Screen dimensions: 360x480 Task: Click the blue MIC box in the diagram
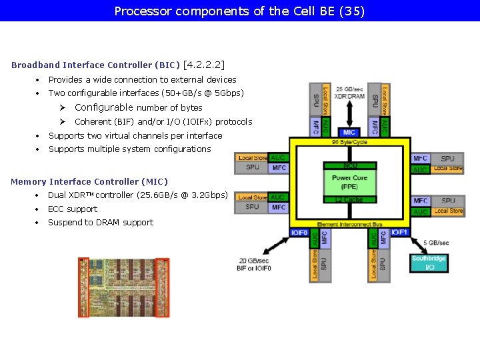coord(349,133)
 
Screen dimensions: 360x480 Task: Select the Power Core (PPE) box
coord(349,182)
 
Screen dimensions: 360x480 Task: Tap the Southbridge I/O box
coord(429,263)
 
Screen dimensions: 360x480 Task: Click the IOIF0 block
coord(299,233)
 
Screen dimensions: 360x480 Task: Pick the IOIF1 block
coord(399,233)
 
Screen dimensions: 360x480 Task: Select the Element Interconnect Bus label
coord(349,224)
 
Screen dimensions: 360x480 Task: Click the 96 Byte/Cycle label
coord(349,142)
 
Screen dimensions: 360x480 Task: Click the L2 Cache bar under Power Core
coord(349,199)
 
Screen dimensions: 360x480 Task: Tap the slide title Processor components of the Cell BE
coord(240,11)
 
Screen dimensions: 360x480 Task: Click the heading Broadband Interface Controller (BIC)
coord(95,65)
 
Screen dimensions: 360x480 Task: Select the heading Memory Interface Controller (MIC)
coord(89,181)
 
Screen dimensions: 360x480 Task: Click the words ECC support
coord(73,209)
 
